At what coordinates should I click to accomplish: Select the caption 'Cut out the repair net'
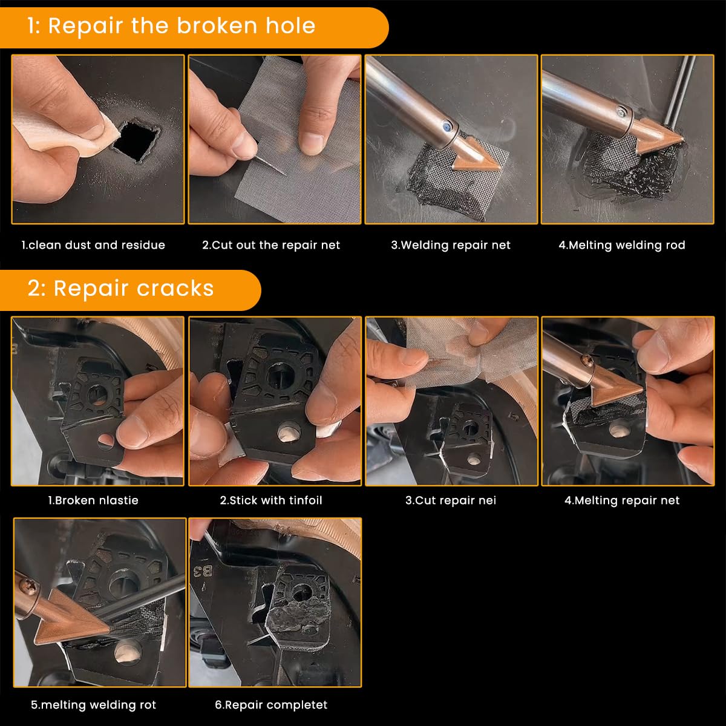[271, 245]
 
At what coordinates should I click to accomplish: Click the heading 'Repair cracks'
[134, 289]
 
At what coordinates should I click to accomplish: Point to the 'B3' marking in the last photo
[203, 572]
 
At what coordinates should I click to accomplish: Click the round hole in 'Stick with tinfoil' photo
[289, 432]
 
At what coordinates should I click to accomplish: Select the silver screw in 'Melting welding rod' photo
[621, 111]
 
